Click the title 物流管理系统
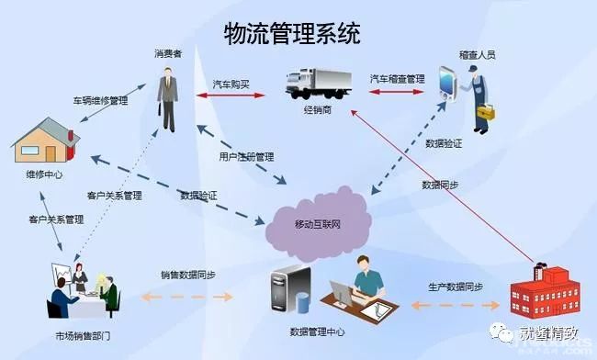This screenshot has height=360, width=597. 292,34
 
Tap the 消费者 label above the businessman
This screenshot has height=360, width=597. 167,55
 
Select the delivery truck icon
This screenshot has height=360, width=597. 318,84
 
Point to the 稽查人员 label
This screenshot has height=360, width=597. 478,55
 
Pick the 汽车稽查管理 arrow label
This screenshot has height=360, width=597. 398,80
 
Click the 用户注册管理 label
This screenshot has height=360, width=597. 247,157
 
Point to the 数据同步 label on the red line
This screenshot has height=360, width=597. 440,185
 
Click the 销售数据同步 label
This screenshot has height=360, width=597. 188,276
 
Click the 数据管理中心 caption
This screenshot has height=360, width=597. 319,330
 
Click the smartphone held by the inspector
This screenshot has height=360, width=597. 447,82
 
